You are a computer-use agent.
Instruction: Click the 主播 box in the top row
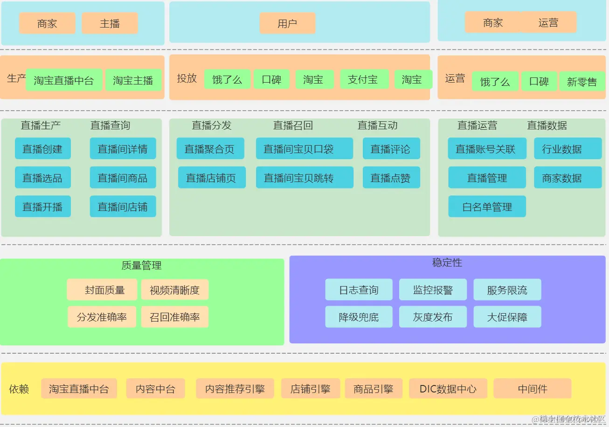pos(110,23)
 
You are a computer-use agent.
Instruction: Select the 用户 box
pos(287,23)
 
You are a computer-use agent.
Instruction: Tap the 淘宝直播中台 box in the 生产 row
pos(64,80)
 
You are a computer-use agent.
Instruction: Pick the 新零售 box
pos(582,82)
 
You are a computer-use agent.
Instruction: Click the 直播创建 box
pos(42,149)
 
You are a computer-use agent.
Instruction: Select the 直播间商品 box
pos(123,178)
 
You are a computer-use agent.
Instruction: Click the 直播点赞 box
pos(391,178)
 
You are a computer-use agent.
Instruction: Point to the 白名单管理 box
pos(487,207)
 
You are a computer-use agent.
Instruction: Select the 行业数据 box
pos(567,149)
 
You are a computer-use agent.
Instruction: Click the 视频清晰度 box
pos(174,290)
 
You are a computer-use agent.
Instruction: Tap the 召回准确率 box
pos(174,317)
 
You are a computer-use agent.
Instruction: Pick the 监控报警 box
pos(433,290)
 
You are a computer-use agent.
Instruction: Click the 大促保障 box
pos(507,317)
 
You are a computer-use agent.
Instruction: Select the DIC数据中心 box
pos(448,389)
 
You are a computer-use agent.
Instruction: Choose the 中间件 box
pos(532,389)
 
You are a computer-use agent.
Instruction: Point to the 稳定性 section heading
pos(447,263)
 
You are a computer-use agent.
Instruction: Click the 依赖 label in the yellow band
pos(19,389)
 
